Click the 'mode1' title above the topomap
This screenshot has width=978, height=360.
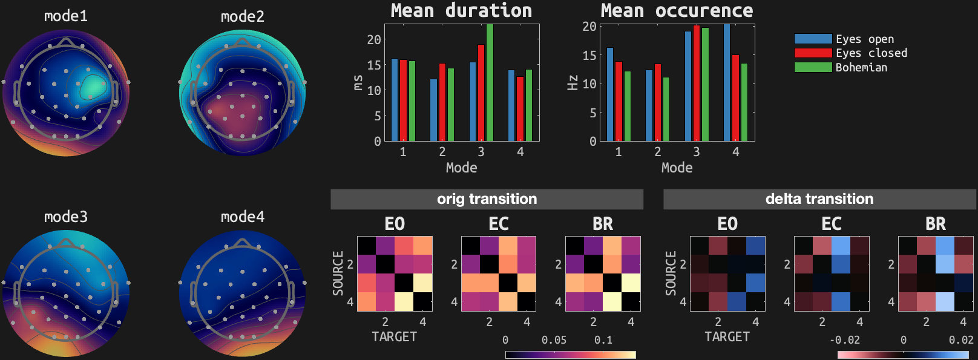point(66,16)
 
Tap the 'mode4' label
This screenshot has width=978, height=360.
point(243,217)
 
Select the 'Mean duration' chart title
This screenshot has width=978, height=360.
point(461,10)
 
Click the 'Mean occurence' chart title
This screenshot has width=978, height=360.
point(677,10)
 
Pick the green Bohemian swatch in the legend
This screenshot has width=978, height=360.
point(813,67)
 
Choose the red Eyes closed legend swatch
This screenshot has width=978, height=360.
point(813,53)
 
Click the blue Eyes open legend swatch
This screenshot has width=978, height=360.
point(813,39)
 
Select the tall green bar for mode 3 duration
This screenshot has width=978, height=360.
point(490,83)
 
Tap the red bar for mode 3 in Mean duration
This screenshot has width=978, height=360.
point(481,93)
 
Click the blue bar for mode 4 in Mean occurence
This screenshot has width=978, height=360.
point(727,83)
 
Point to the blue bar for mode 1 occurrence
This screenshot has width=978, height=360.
point(610,94)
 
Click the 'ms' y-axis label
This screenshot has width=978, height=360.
point(358,83)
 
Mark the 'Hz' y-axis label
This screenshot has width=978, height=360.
point(573,83)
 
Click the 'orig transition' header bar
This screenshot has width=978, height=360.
point(487,199)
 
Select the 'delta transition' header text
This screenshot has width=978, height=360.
point(819,199)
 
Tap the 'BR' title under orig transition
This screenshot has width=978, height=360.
point(603,224)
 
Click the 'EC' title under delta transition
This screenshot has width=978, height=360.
point(832,224)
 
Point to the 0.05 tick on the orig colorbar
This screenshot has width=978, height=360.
point(554,340)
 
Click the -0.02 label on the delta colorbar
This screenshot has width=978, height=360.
point(845,340)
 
